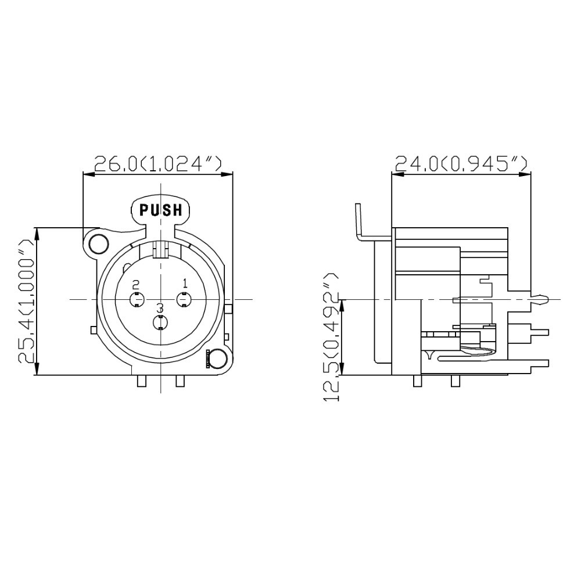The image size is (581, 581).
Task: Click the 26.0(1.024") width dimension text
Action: coord(158,163)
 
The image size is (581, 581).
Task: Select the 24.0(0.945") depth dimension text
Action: coord(461,163)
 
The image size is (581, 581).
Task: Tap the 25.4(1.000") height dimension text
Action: coord(26,300)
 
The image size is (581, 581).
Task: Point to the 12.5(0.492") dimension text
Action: coord(331,337)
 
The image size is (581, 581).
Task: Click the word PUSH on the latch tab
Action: coord(161,210)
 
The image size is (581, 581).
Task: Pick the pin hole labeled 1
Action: coord(184,299)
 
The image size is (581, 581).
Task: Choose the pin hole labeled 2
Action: coord(137,299)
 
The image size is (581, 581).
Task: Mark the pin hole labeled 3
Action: coord(160,322)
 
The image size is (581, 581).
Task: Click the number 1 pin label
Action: coord(185,284)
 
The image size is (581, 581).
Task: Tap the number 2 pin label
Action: coord(136,285)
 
